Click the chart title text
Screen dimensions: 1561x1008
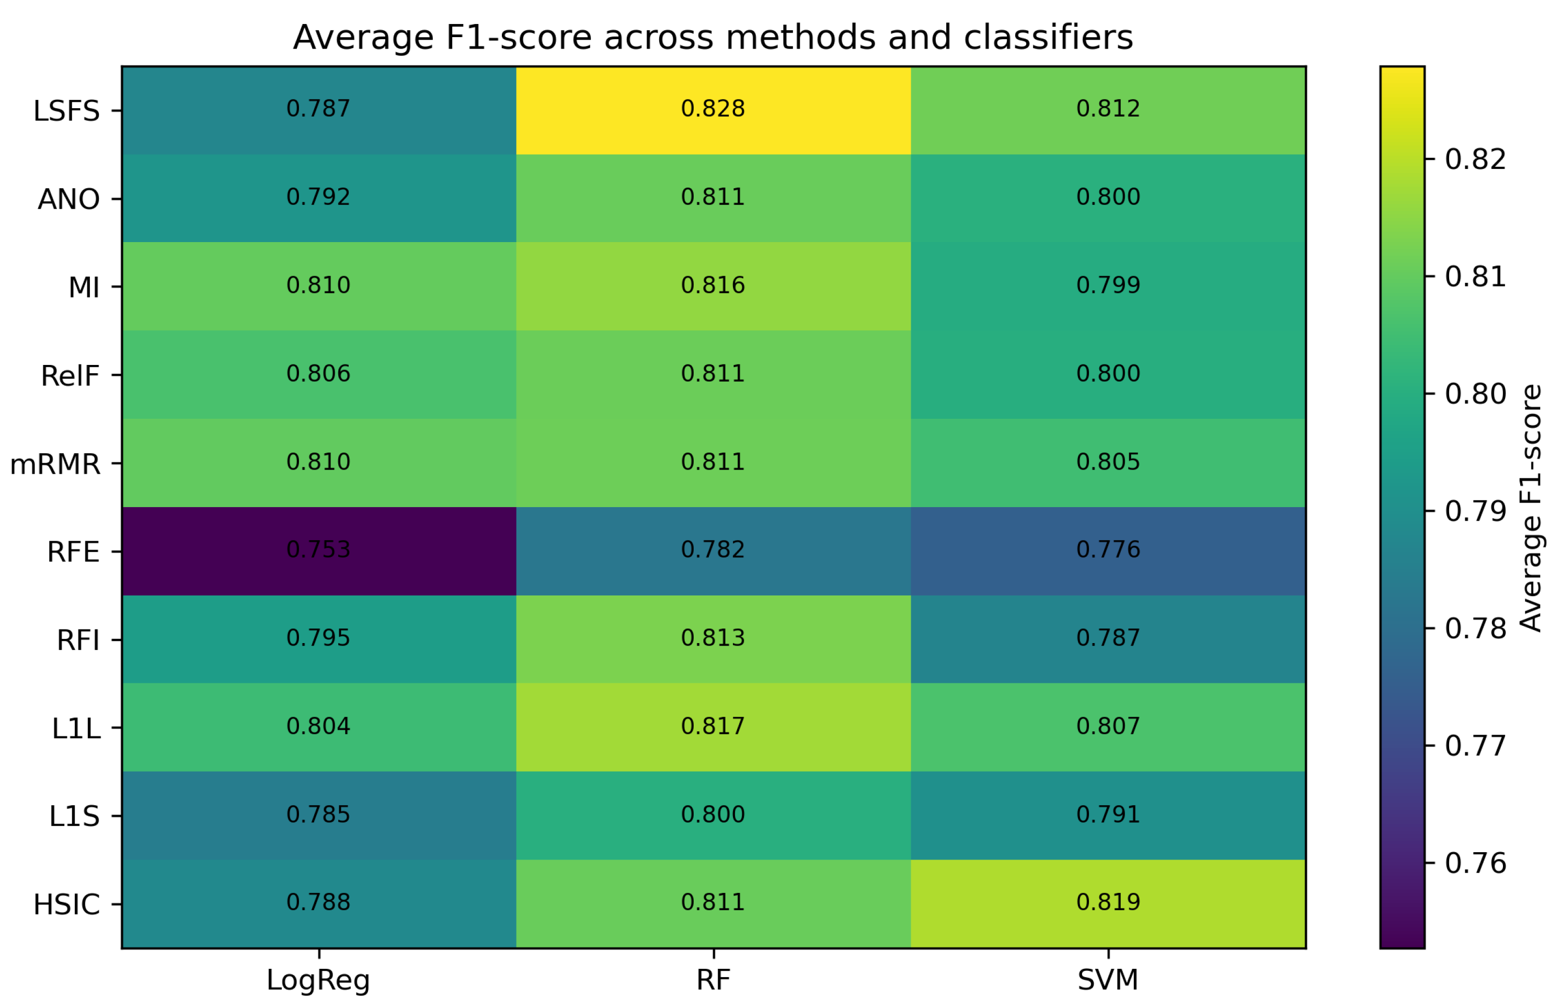[713, 37]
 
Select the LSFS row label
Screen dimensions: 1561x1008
[67, 111]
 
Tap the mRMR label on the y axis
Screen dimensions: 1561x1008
[55, 464]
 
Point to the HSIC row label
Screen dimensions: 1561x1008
[67, 904]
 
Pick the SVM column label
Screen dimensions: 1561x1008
[1108, 980]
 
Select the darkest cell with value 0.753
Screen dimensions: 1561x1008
[319, 551]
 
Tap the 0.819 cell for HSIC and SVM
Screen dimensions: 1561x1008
[1108, 904]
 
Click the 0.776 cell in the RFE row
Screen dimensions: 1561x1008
[1108, 551]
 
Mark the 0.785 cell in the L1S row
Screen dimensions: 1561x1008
[319, 816]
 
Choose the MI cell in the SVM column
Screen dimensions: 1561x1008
[1108, 287]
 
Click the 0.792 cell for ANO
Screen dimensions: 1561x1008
[319, 198]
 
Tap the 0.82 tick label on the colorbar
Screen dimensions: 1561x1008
[1476, 159]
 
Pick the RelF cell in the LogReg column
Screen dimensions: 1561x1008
[319, 375]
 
